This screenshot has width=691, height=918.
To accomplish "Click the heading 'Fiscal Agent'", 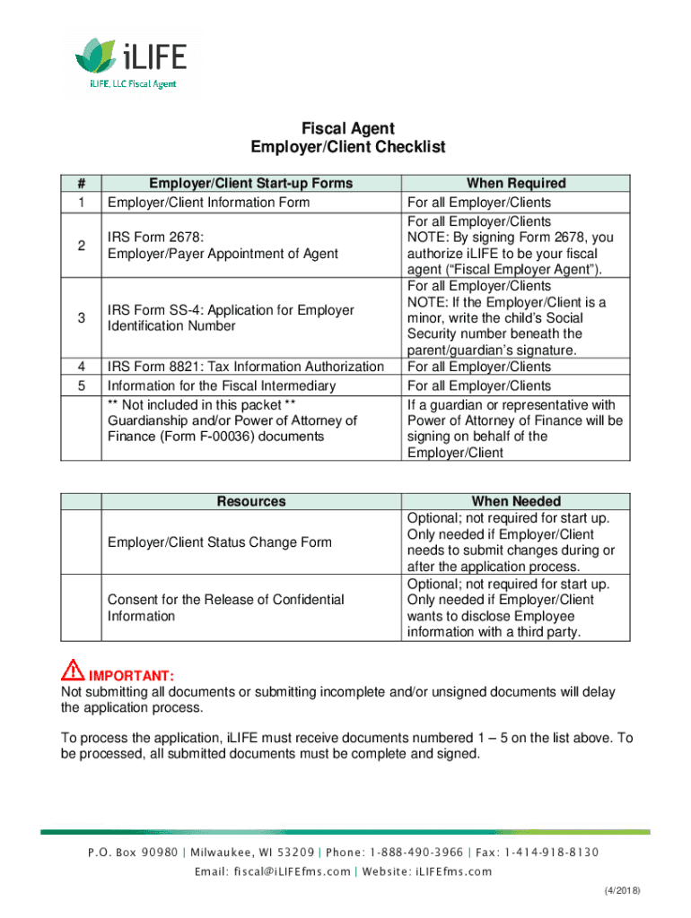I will (x=346, y=128).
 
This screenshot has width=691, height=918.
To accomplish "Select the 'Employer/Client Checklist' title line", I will (x=346, y=147).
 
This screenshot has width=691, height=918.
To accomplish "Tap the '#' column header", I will (x=82, y=183).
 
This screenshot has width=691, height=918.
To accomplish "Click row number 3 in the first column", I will (x=82, y=318).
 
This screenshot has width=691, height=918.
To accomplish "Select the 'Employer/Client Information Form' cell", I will (x=208, y=202).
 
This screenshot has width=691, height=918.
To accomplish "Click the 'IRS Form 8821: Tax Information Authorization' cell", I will (x=245, y=367).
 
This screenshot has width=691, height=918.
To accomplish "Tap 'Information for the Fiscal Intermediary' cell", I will (x=222, y=385).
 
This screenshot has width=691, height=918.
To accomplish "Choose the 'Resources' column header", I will (x=250, y=501).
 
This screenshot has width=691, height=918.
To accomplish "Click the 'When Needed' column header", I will (x=515, y=501).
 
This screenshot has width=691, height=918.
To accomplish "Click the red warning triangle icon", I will (x=72, y=671).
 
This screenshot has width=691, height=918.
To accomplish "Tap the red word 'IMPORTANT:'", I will (x=130, y=674).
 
